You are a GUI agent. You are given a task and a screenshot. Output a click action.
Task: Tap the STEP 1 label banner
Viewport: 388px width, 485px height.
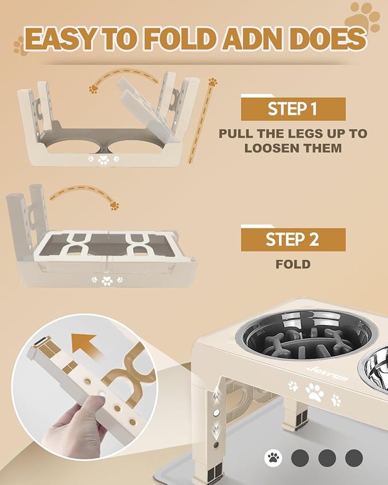click(293, 109)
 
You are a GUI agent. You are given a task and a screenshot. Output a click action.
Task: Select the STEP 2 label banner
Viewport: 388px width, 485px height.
click(293, 239)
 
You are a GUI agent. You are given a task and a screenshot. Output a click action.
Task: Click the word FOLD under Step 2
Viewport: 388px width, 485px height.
click(293, 264)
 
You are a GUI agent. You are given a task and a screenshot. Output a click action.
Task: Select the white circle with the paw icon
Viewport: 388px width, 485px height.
click(273, 457)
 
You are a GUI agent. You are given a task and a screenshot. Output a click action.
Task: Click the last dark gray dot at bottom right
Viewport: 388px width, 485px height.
click(354, 457)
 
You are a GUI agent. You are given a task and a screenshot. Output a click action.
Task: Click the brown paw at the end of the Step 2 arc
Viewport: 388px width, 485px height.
click(115, 205)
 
